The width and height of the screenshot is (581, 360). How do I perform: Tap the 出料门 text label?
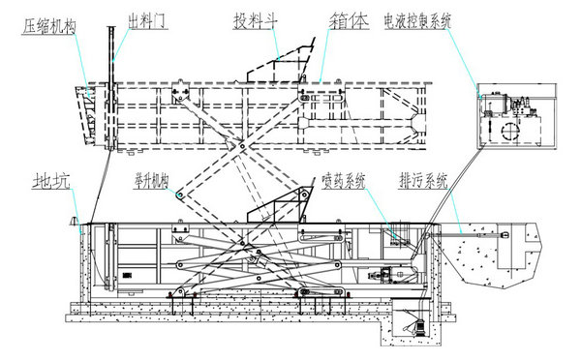coord(148,18)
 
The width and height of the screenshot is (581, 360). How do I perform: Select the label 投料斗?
coord(253,18)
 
